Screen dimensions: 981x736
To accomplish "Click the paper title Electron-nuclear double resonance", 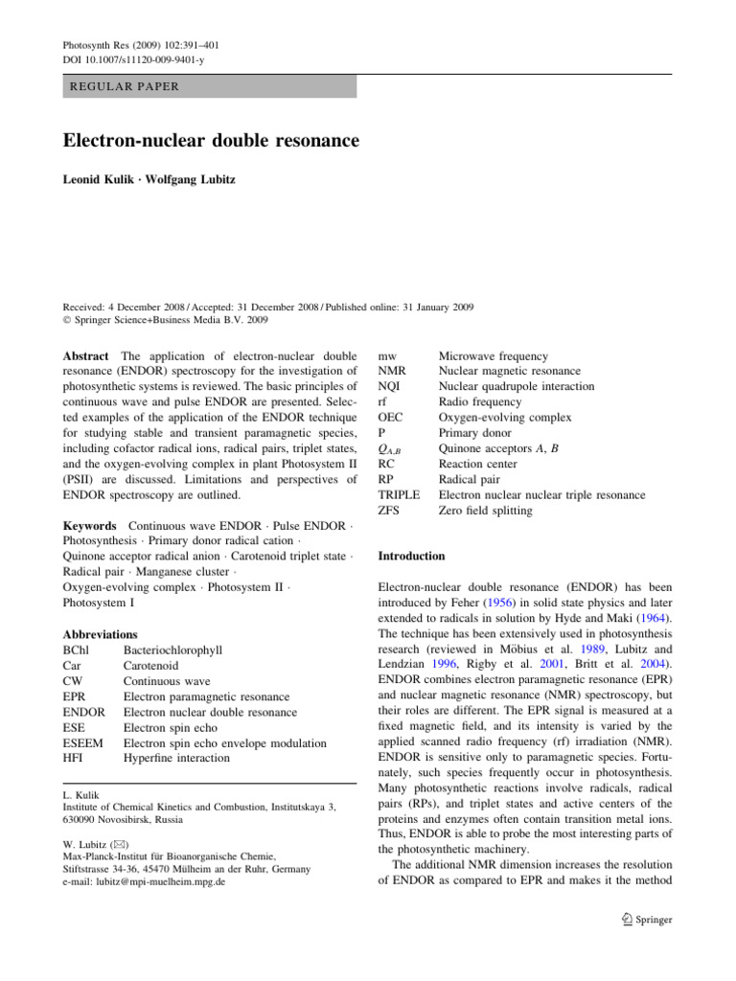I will click(x=211, y=142).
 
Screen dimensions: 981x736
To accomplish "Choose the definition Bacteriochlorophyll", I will click(x=173, y=650).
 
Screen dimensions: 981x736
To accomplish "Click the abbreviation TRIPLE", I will click(x=400, y=495).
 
